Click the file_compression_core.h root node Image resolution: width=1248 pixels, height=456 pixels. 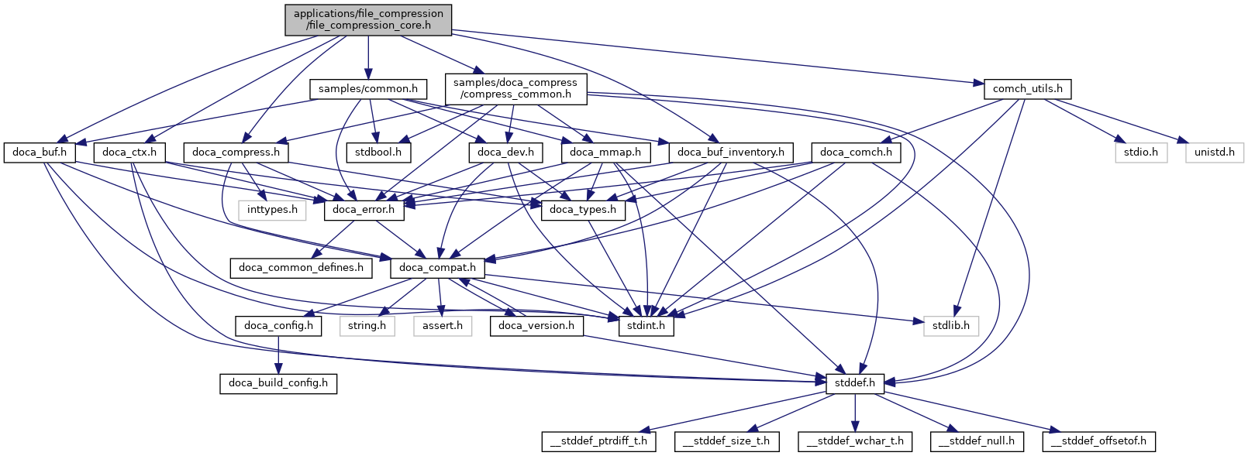click(x=368, y=19)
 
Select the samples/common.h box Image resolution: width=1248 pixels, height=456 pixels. click(x=368, y=89)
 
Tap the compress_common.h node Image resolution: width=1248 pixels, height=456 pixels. click(x=515, y=88)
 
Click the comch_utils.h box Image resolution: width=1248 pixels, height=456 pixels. click(x=1027, y=89)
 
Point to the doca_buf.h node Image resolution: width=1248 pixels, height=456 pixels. click(x=40, y=153)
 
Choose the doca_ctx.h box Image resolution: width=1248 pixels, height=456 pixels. click(x=129, y=153)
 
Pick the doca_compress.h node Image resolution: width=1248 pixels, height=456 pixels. click(x=236, y=153)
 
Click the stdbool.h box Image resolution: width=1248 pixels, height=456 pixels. click(x=378, y=153)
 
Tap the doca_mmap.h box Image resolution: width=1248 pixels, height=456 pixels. click(x=605, y=153)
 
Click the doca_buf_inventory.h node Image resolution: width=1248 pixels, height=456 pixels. click(x=730, y=153)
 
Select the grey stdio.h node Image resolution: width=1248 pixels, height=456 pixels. click(x=1141, y=153)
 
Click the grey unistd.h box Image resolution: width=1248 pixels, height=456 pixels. click(x=1214, y=153)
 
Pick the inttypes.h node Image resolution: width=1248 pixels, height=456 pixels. click(x=272, y=210)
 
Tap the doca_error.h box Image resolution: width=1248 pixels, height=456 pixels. click(x=364, y=210)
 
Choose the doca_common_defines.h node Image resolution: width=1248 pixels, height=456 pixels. click(x=301, y=268)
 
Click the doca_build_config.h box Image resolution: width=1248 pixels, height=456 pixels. click(x=278, y=383)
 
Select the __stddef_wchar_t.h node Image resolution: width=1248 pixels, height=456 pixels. click(x=855, y=441)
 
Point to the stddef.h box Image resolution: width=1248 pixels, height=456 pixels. click(x=855, y=383)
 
